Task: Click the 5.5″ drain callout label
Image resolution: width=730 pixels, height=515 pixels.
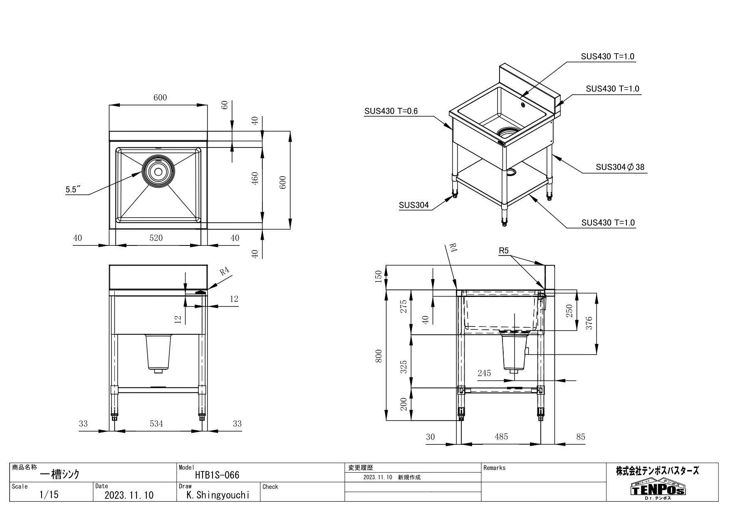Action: click(x=72, y=189)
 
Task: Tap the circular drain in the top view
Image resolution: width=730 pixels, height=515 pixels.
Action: click(x=158, y=171)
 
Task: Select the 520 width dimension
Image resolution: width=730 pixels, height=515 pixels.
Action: click(x=156, y=238)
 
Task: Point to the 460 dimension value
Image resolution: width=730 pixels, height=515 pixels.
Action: click(x=255, y=178)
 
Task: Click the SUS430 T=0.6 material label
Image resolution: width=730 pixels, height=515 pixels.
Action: click(x=391, y=111)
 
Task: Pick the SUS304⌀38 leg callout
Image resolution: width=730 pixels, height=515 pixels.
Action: click(x=620, y=167)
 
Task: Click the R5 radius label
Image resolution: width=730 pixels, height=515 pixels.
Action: click(x=504, y=251)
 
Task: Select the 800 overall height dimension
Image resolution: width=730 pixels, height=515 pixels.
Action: click(x=379, y=356)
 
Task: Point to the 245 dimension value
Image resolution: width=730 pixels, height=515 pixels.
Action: click(x=484, y=373)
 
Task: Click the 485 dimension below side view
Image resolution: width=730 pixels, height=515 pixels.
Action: click(x=501, y=437)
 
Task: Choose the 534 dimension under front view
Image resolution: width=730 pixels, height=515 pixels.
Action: click(x=156, y=424)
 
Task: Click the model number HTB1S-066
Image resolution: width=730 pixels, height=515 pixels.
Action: click(x=217, y=475)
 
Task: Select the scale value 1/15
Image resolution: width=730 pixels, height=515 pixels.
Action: click(x=49, y=495)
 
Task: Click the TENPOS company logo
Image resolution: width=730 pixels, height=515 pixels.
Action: click(x=658, y=490)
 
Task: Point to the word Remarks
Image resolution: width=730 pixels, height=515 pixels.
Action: click(x=495, y=468)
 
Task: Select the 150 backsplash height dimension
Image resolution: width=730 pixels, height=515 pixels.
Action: click(x=379, y=277)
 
